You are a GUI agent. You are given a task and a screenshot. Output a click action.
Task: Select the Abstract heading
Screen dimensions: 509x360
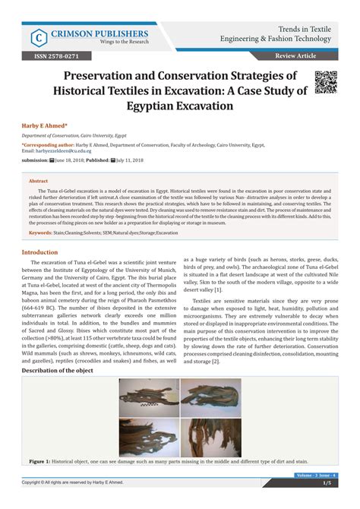38,181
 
